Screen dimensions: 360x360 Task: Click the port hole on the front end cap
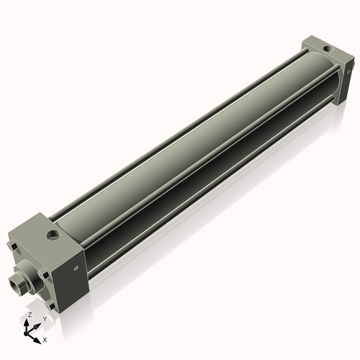pos(53,235)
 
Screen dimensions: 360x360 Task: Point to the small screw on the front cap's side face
pos(76,268)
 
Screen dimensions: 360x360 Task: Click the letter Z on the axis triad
pos(30,315)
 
